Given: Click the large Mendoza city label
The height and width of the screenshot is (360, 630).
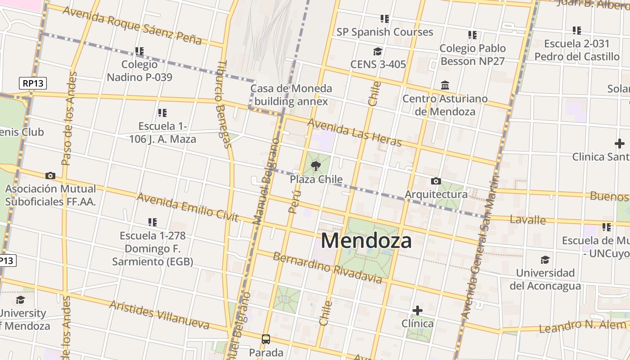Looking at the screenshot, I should click(366, 241).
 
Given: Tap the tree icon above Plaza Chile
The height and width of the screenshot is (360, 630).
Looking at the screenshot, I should click(316, 166).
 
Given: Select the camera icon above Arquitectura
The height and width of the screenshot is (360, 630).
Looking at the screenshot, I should click(436, 181).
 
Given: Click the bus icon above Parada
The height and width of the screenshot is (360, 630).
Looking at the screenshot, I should click(266, 339).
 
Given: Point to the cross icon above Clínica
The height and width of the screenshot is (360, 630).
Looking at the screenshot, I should click(418, 310).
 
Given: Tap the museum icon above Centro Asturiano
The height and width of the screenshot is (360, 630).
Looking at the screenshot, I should click(445, 85).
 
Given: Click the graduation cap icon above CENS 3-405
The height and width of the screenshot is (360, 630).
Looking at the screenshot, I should click(378, 51).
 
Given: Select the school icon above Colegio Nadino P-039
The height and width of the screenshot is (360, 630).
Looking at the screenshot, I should click(139, 51).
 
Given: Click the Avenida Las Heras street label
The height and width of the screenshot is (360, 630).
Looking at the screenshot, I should click(354, 132).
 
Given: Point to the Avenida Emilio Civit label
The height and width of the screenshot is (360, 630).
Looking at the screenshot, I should click(187, 207).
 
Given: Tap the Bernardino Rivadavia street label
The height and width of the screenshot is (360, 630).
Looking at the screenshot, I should click(328, 268).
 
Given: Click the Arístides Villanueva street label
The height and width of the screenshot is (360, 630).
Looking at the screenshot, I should click(159, 315).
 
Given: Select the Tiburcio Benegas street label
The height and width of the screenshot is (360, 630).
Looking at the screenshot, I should click(224, 104).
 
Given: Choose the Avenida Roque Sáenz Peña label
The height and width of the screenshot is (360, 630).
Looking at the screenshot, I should click(132, 25).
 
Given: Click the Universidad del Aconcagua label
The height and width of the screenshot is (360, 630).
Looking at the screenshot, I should click(545, 279).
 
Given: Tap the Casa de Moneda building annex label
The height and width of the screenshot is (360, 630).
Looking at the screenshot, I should click(291, 95).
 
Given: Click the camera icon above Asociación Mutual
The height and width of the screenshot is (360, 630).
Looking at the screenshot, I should click(50, 175).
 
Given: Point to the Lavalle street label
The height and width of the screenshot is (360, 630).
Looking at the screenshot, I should click(527, 220).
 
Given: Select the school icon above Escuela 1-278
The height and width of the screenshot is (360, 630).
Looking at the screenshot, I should click(153, 222).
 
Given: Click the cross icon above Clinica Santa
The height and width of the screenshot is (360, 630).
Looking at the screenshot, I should click(619, 144).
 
